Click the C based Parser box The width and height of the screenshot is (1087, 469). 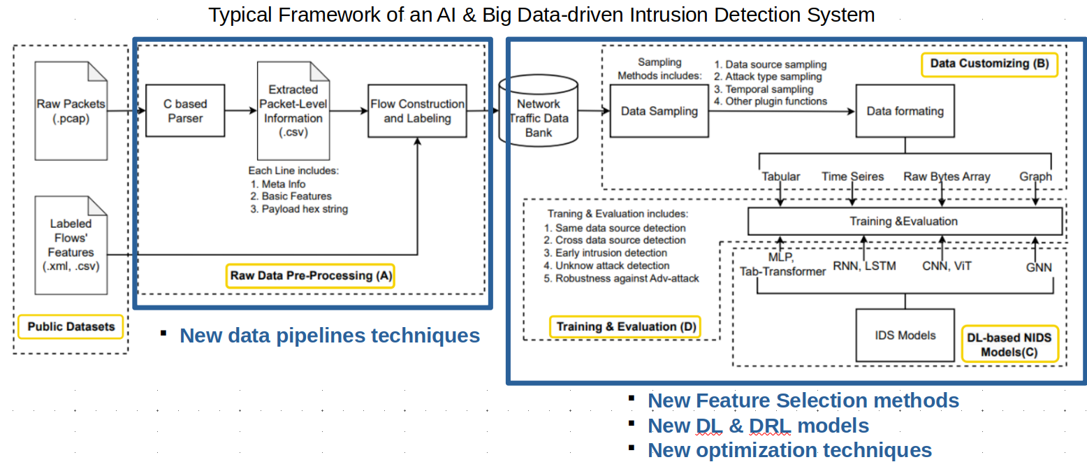pos(185,110)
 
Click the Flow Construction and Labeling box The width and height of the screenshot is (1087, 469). pos(417,110)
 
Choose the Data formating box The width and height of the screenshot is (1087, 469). pos(905,110)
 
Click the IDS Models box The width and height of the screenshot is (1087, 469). pos(905,335)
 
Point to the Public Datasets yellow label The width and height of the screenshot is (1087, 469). pos(71,326)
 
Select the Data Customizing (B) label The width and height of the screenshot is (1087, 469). pos(989,64)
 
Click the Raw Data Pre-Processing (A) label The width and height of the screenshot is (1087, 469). pos(311,275)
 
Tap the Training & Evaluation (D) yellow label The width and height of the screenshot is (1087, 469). pos(625,326)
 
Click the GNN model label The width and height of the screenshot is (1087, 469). pos(1037,266)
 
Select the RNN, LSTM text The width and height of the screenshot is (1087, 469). pos(864,266)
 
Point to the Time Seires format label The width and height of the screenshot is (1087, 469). pos(852,177)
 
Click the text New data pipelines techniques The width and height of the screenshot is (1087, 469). pos(330,335)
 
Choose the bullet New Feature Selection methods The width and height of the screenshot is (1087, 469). pos(803,401)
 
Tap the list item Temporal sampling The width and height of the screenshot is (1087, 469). pos(766,89)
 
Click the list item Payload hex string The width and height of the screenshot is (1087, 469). pos(304,208)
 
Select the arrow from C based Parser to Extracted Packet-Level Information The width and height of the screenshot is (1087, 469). pos(241,110)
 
